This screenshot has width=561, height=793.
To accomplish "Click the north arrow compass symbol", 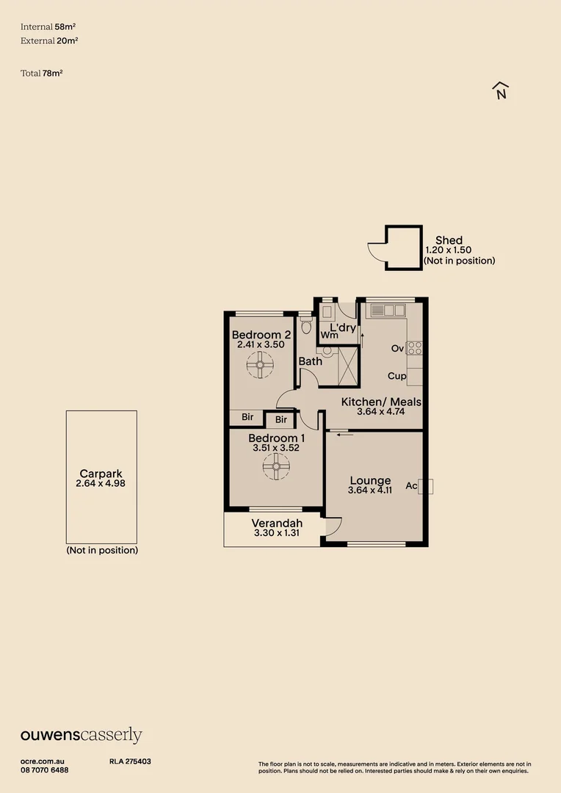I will click(501, 90).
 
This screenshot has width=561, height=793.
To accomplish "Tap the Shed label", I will click(449, 240).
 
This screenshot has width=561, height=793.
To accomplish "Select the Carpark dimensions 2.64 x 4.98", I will click(101, 484).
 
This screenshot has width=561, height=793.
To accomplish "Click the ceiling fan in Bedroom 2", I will click(260, 364).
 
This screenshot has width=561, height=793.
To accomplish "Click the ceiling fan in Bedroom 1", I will click(277, 466).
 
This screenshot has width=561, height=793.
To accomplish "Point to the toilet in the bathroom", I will click(306, 325).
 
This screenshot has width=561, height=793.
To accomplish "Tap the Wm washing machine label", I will click(329, 336).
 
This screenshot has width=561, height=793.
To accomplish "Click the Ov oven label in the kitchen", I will click(397, 348).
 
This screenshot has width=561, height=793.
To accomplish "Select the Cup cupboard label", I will click(397, 376).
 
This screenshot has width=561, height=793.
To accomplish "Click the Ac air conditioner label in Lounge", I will click(411, 486).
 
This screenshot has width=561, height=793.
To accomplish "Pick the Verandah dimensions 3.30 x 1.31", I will click(273, 534).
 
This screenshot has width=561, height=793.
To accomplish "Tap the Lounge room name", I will click(370, 480).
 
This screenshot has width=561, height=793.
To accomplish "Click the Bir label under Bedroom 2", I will click(247, 417).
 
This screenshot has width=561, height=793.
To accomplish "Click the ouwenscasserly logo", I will click(81, 736).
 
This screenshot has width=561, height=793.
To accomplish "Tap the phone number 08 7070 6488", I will click(45, 770).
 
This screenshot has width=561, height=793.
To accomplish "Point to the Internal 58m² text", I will click(48, 26).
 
